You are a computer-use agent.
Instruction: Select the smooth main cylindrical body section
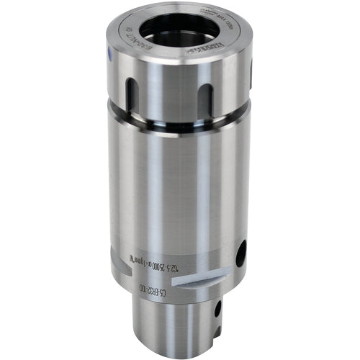(180, 187)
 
